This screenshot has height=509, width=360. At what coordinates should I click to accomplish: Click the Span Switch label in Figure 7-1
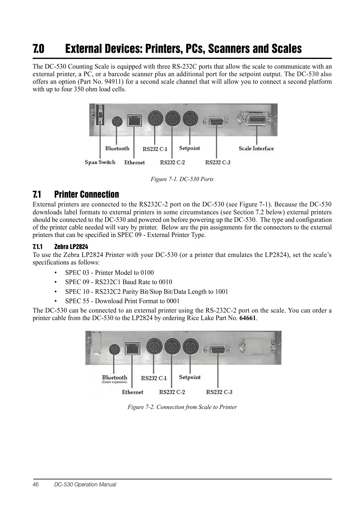coord(100,162)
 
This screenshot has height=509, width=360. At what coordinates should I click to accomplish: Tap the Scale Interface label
coord(256,148)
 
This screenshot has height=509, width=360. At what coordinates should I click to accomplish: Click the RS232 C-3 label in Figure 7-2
coord(219,392)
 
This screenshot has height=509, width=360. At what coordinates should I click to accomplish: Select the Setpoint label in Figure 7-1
coord(190,148)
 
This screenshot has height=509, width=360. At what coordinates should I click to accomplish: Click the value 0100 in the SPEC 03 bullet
coord(147,273)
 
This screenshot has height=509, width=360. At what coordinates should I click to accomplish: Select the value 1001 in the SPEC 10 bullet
coord(222,292)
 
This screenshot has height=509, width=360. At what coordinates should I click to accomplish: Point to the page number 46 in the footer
coord(36,485)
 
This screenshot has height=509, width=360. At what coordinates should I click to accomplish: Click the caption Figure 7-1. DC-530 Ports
coord(182,179)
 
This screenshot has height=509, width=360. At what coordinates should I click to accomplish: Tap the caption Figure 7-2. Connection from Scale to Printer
coord(182,407)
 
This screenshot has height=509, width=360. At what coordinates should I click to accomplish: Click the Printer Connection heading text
coord(86,194)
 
